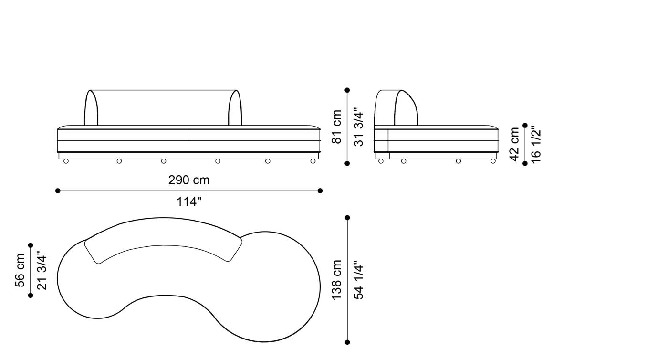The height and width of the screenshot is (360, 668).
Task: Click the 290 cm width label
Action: point(189,180)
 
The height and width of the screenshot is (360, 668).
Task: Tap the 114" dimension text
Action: point(189,202)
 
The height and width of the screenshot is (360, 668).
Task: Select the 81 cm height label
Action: point(337,127)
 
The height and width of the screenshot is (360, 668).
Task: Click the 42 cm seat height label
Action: point(515,145)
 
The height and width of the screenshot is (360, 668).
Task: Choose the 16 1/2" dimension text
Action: point(536,145)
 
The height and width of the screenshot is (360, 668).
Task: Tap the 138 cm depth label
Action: point(337,280)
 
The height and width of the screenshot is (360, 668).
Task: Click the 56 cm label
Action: point(20,270)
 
